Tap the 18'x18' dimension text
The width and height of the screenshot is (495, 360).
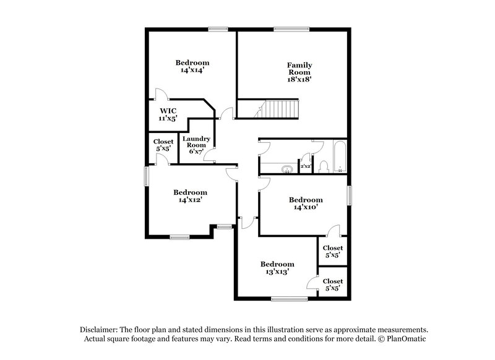pyautogui.click(x=298, y=79)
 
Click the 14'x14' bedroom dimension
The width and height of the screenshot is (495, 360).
pyautogui.click(x=192, y=71)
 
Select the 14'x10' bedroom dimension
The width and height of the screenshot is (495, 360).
pyautogui.click(x=306, y=208)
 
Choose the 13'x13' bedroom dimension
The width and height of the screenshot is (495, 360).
pyautogui.click(x=277, y=272)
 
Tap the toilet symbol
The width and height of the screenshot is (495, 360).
pyautogui.click(x=322, y=166)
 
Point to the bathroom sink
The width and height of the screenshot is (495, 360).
pyautogui.click(x=286, y=168)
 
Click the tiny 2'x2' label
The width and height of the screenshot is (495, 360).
pyautogui.click(x=305, y=166)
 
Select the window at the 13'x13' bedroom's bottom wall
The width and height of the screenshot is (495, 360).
pyautogui.click(x=289, y=300)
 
